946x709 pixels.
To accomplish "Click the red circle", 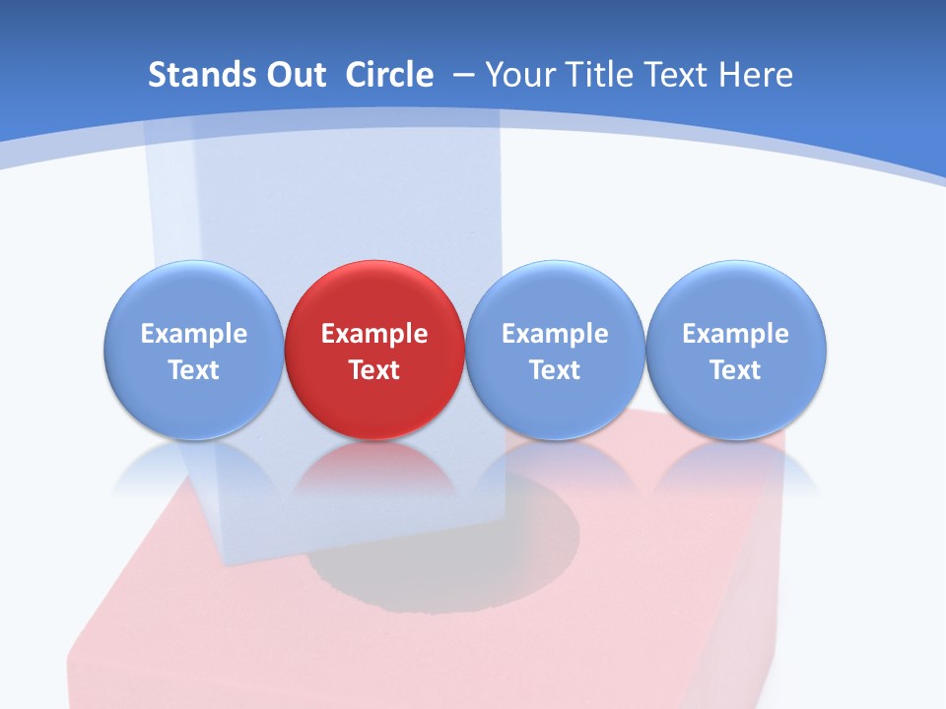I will coord(374,350).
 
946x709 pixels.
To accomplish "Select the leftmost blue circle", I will coord(193,350).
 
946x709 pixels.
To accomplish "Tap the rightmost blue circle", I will coord(736,350).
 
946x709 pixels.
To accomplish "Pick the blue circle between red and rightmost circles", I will coord(555,350).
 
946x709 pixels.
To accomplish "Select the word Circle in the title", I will coord(389,75).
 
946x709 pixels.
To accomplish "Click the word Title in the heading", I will coord(603,75).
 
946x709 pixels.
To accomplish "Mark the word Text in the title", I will coord(678,75).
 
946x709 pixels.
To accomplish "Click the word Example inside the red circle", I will coord(374,334).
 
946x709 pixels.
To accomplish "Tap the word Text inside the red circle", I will coord(374,370).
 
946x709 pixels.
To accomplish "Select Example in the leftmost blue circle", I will coord(193,334).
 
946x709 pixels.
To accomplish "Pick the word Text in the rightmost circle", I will coord(736,370).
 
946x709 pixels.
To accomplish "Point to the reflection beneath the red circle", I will coord(374,468).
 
